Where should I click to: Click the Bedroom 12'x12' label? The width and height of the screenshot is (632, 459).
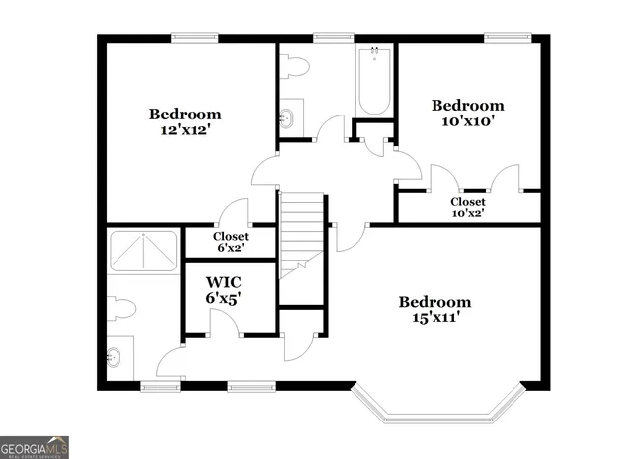185,120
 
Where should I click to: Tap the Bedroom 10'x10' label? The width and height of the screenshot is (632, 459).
467,113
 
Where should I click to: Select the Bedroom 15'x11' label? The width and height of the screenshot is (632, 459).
434,310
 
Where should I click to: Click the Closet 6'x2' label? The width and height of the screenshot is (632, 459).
230,242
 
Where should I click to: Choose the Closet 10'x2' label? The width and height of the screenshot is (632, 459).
468,207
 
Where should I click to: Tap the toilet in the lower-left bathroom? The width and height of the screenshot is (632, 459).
119,308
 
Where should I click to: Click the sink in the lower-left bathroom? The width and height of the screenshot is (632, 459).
116,356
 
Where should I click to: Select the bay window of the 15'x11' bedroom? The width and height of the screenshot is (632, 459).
436,406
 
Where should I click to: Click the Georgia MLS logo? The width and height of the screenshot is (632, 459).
35,447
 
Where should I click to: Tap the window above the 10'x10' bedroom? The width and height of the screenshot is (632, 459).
504,38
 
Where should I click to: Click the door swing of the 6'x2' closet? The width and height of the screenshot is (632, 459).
234,212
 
